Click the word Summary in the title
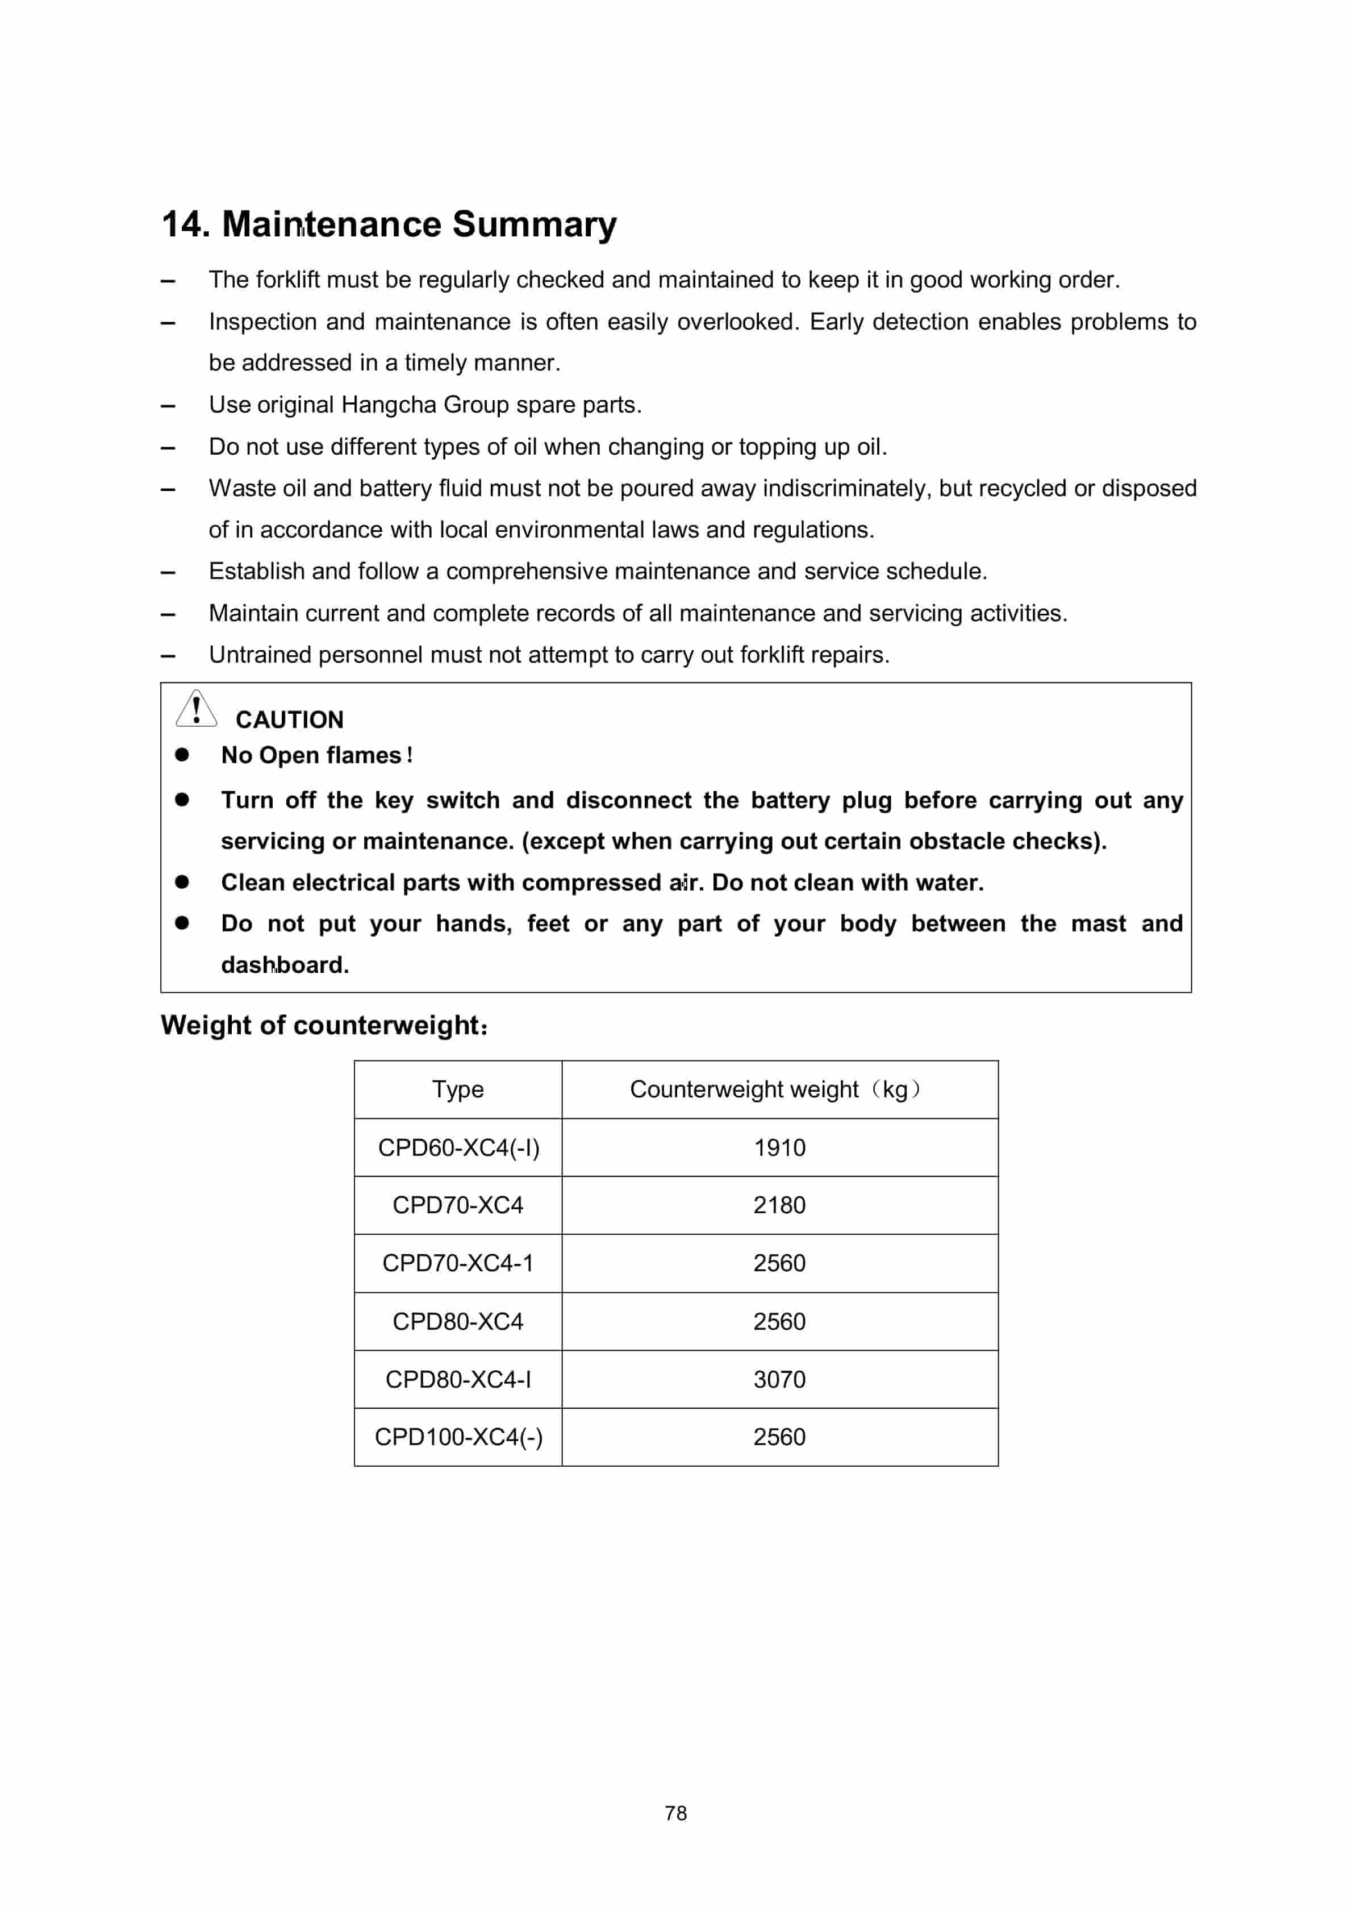pos(535,225)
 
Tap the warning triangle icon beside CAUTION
pos(196,709)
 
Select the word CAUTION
pos(289,719)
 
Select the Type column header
pos(458,1089)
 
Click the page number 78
pos(675,1813)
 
